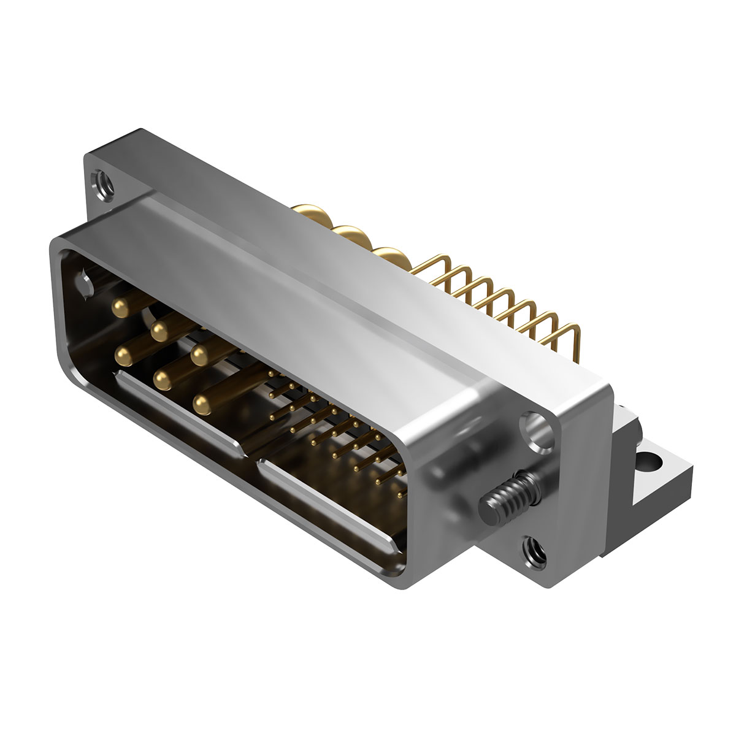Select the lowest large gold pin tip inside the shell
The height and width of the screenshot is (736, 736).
(x=200, y=403)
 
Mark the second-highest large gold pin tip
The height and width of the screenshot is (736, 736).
(x=159, y=332)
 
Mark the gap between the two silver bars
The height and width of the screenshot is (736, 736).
(x=250, y=455)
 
